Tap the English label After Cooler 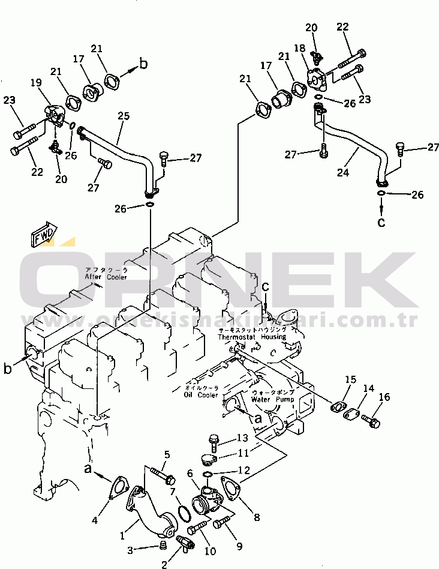[x=106, y=277]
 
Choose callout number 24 [x=342, y=173]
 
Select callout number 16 [x=384, y=397]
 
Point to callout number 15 [x=351, y=379]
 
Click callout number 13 [x=242, y=438]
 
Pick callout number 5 [x=167, y=454]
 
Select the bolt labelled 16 [x=372, y=423]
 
